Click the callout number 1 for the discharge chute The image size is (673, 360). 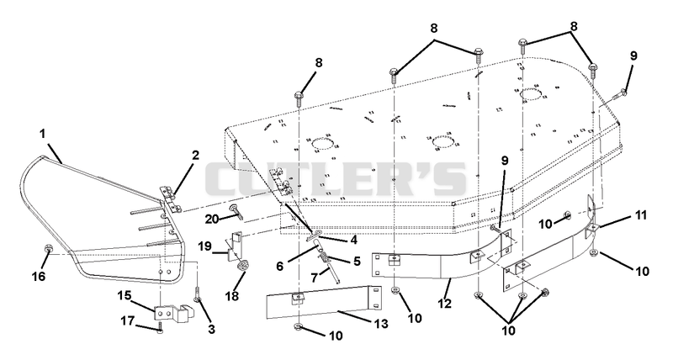[43, 134]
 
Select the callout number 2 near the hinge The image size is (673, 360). [195, 155]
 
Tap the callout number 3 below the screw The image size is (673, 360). [211, 329]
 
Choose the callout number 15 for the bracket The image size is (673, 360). [125, 296]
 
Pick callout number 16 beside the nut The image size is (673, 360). [39, 276]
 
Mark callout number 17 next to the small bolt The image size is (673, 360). [129, 321]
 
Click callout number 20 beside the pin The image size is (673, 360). [212, 219]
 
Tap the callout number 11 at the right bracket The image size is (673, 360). [640, 215]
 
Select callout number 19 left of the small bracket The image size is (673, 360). [205, 246]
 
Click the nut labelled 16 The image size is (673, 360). [49, 249]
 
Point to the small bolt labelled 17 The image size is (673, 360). [160, 327]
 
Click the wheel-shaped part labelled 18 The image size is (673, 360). [241, 266]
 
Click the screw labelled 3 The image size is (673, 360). [197, 294]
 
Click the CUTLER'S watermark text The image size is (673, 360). [336, 177]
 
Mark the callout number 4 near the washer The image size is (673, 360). [353, 241]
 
